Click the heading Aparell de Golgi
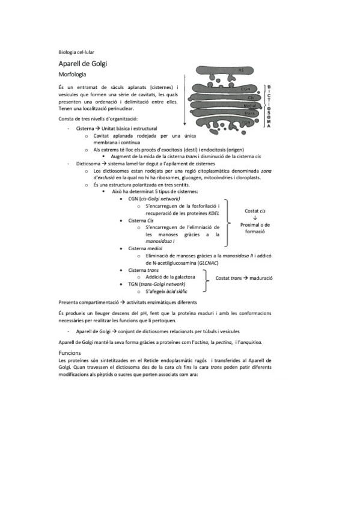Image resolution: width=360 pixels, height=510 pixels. point(83,63)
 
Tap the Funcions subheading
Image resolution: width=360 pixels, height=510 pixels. point(70,352)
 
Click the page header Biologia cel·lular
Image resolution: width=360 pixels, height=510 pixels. point(76,52)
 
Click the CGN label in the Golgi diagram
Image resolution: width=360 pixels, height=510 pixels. point(245,89)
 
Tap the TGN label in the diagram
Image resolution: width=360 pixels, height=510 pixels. point(245,122)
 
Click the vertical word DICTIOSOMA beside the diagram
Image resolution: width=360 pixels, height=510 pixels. point(269,105)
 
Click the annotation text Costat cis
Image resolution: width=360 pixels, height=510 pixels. point(255,211)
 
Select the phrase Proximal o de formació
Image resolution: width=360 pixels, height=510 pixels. point(255,228)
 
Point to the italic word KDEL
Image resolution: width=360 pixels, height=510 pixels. point(213,213)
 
